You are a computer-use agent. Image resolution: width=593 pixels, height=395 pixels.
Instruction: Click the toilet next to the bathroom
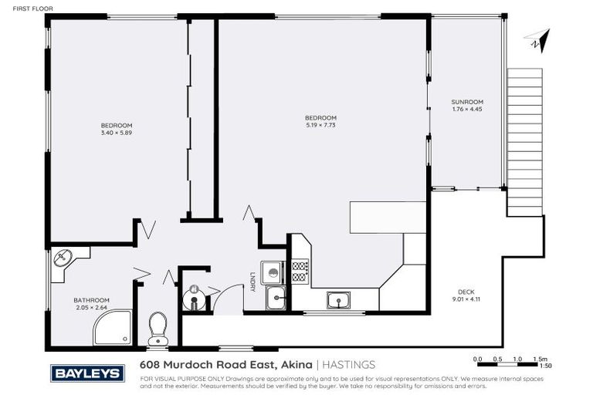tap(158, 328)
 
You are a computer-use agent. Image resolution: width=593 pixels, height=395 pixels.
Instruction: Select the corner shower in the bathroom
tap(112, 328)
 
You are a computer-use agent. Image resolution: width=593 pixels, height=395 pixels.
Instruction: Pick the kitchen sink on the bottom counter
tap(337, 299)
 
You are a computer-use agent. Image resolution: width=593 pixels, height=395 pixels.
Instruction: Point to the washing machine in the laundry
tap(271, 271)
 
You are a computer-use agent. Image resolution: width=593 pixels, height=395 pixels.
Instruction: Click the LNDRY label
tap(252, 282)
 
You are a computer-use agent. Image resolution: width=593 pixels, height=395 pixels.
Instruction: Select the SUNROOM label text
tap(467, 102)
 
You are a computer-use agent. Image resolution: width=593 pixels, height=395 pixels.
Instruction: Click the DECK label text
tap(466, 292)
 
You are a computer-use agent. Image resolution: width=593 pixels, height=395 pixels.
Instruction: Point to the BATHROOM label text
tap(91, 300)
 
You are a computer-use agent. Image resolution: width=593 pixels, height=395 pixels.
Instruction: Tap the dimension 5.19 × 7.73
tap(320, 125)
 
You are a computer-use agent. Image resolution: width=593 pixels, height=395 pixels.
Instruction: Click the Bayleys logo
tap(86, 373)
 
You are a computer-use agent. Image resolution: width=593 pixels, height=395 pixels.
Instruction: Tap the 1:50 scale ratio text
tap(544, 366)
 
